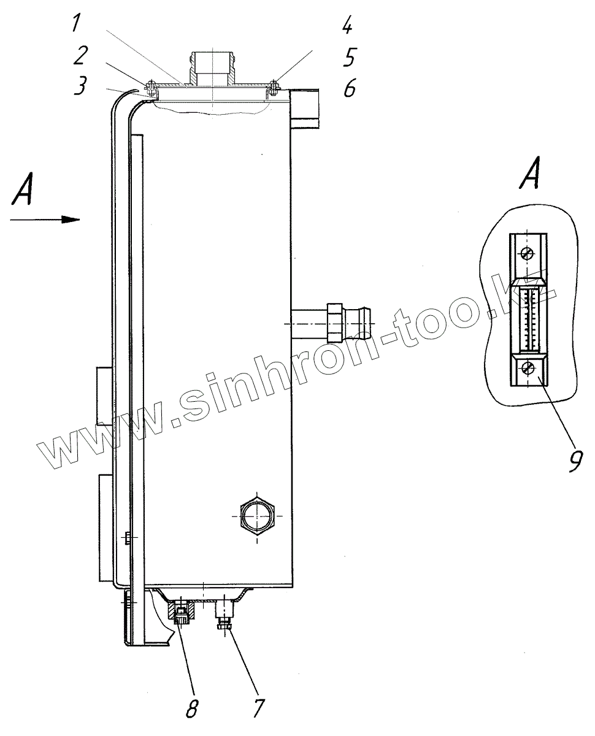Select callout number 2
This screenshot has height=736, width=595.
(80, 55)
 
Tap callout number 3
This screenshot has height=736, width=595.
(80, 85)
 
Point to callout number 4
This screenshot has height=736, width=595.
(347, 25)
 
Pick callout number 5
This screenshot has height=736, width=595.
(349, 56)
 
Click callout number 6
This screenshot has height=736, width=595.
(349, 88)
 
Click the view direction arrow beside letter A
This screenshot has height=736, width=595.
(45, 220)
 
